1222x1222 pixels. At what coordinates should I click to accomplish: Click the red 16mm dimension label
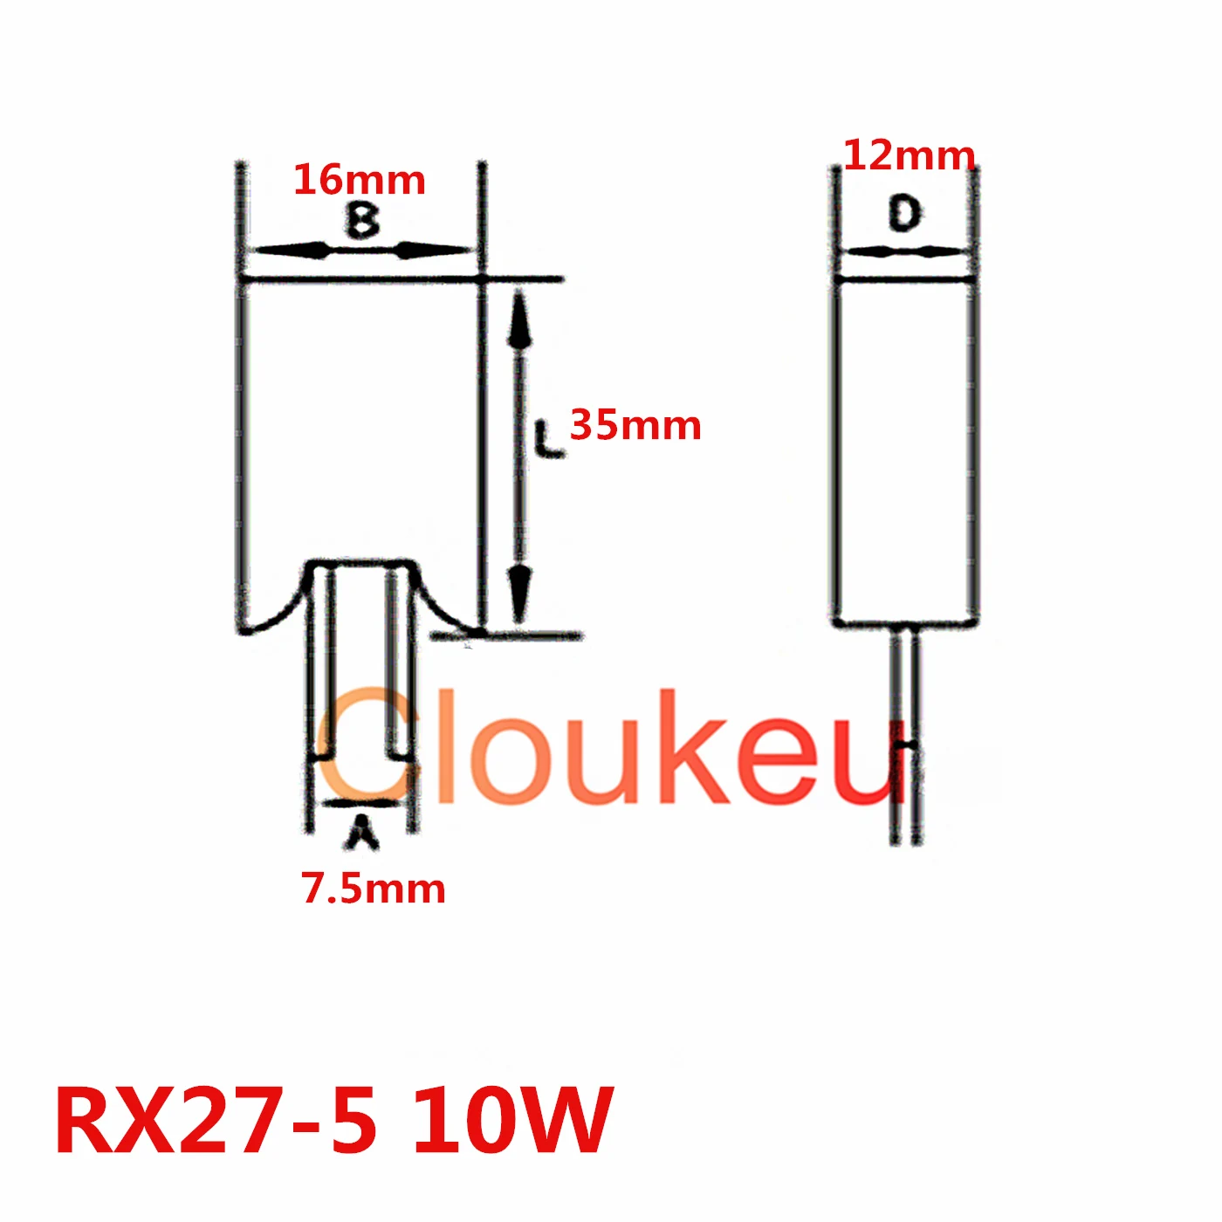[359, 181]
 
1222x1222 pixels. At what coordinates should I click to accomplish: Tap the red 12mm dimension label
[909, 156]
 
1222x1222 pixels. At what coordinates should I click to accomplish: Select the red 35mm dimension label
[635, 426]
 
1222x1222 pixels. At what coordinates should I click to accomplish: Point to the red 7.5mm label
[374, 889]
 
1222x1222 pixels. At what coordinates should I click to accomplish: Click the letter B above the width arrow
[362, 219]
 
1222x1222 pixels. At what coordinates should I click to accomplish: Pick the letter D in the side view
[905, 214]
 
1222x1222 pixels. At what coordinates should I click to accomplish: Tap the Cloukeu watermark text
[611, 749]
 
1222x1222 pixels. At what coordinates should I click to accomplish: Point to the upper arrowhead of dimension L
[520, 319]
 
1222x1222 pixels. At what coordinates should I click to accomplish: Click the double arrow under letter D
[905, 252]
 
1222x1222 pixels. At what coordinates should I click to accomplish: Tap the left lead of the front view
[324, 663]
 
